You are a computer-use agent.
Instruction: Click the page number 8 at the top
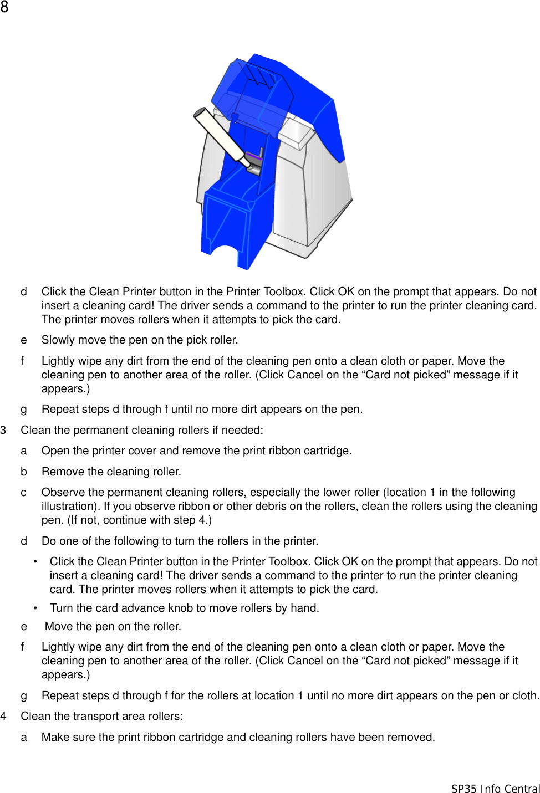pos(4,7)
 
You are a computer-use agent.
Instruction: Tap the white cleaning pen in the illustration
pos(220,135)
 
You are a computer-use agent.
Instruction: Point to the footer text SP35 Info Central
pos(495,788)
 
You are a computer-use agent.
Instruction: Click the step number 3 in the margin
pos(3,431)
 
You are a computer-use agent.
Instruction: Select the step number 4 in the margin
pos(3,717)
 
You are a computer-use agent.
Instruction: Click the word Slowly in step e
pos(58,340)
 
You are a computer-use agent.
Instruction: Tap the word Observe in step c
pos(63,493)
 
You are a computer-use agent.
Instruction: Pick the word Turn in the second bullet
pos(61,608)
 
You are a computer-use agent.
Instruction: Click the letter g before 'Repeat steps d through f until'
pos(24,410)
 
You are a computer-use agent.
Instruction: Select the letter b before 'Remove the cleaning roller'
pos(24,472)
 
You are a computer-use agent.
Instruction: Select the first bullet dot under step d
pos(35,562)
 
